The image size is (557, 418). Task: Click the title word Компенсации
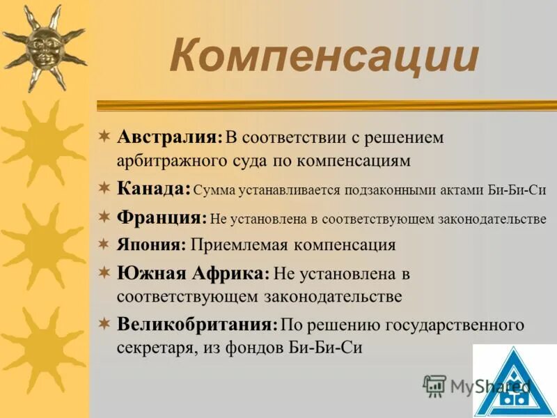[x=324, y=57]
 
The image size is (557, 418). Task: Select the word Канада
[x=152, y=188]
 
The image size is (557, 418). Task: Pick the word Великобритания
[x=196, y=324]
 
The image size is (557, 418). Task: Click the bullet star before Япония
[x=104, y=245]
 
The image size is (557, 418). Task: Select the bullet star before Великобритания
[x=104, y=323]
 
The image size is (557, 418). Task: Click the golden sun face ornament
[x=43, y=47]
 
